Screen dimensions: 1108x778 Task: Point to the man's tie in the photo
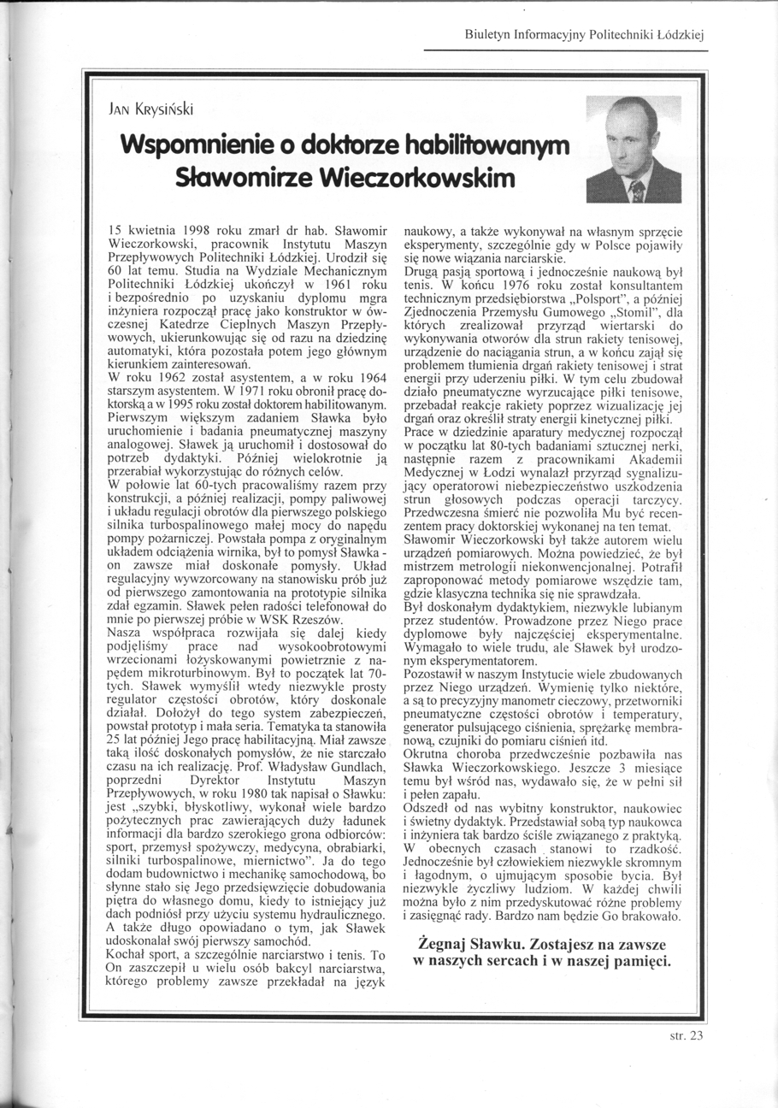635,190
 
